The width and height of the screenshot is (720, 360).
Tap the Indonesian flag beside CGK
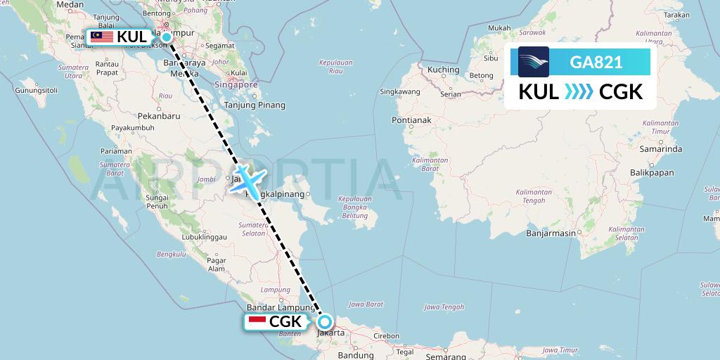257,321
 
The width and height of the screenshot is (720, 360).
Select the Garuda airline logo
534,62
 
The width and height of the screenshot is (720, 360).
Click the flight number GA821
596,62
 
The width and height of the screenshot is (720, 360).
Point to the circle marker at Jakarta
325,323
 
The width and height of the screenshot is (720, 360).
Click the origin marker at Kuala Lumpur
167,37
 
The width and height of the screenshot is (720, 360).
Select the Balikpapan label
651,172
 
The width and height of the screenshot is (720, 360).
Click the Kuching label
443,70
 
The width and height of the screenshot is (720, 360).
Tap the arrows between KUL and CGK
579,92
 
